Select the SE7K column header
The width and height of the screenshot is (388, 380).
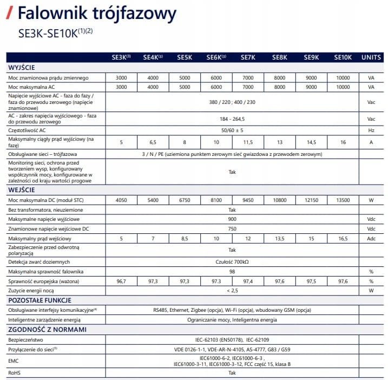(248, 57)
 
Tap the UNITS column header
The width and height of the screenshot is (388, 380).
(371, 57)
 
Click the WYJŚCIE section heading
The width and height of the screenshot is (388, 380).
(22, 68)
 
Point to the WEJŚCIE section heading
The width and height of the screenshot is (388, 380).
(22, 190)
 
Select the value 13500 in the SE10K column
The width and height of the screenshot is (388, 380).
(343, 200)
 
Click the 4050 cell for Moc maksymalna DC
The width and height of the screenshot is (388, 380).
(121, 200)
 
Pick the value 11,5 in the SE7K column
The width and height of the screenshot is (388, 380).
(248, 142)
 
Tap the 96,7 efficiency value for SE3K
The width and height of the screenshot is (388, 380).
(121, 281)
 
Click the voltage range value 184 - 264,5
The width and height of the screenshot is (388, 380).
(232, 119)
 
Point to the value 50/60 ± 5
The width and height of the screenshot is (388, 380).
(232, 130)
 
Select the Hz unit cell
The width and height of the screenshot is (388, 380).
(371, 130)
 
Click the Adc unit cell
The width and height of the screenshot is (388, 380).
(371, 239)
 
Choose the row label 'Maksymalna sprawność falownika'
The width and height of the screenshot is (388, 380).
(45, 271)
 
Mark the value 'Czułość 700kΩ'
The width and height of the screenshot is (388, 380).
(232, 261)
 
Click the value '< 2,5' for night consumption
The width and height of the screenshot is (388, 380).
(232, 291)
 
